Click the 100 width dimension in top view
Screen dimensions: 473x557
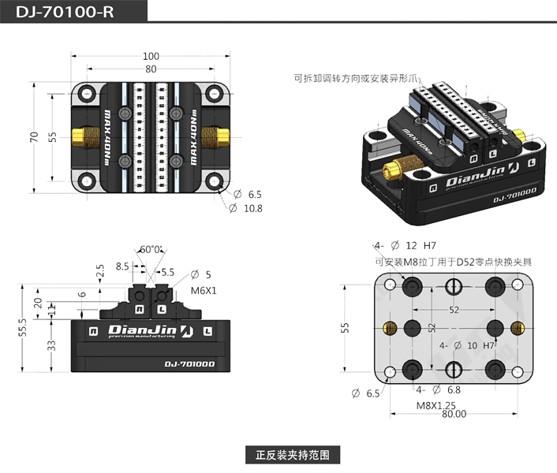[x=151, y=56]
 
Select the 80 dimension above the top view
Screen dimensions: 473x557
[x=151, y=69]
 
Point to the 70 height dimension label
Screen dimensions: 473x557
[x=34, y=136]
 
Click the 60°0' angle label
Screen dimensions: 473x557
[x=151, y=249]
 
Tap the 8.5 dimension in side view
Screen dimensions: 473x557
[x=122, y=266]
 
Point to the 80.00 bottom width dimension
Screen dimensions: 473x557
[x=453, y=414]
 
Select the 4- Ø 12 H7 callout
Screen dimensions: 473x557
[x=406, y=245]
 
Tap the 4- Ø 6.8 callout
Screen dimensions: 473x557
[x=439, y=389]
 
